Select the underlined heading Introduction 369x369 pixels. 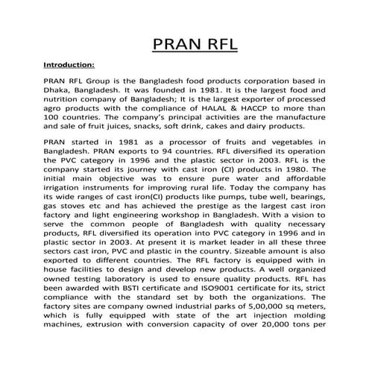click(x=69, y=64)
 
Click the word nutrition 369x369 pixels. click(x=66, y=99)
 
